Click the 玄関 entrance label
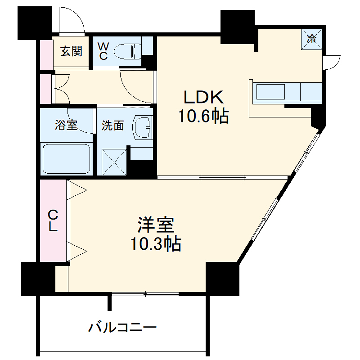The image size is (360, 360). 72,51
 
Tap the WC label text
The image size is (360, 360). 103,51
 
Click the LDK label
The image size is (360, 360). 202,97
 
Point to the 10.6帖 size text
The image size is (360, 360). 204,117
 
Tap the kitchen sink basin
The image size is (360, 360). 270,92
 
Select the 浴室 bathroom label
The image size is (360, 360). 66,126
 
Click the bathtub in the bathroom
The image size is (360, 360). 66,159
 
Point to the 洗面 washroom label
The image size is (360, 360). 112,126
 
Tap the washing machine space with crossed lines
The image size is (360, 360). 114,162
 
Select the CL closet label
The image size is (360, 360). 53,220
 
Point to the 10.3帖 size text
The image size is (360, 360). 156,244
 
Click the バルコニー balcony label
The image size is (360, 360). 122,327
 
